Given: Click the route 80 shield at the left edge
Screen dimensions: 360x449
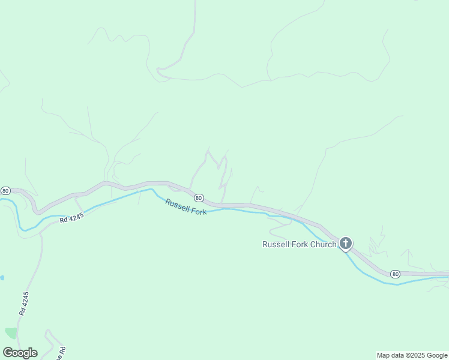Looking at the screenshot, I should tap(5, 190).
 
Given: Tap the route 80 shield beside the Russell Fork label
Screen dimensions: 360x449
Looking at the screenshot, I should tap(199, 198).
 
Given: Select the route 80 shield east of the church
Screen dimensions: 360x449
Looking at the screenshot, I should tap(394, 274).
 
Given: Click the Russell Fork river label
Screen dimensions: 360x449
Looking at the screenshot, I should tap(186, 207).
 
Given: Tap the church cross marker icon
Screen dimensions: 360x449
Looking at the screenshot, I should tap(346, 243).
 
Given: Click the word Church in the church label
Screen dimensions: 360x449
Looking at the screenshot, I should tap(322, 244).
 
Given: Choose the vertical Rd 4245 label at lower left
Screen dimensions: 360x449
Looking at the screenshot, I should tap(24, 304).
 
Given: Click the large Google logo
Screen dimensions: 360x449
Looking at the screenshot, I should tap(20, 353).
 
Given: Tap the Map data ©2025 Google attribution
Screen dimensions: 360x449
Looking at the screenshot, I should tap(412, 355).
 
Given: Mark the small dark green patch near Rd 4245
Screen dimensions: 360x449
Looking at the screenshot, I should tap(11, 332).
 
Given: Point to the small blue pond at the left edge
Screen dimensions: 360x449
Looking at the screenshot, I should tap(2, 278).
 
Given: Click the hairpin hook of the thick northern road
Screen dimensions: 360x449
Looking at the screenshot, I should tap(159, 71).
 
